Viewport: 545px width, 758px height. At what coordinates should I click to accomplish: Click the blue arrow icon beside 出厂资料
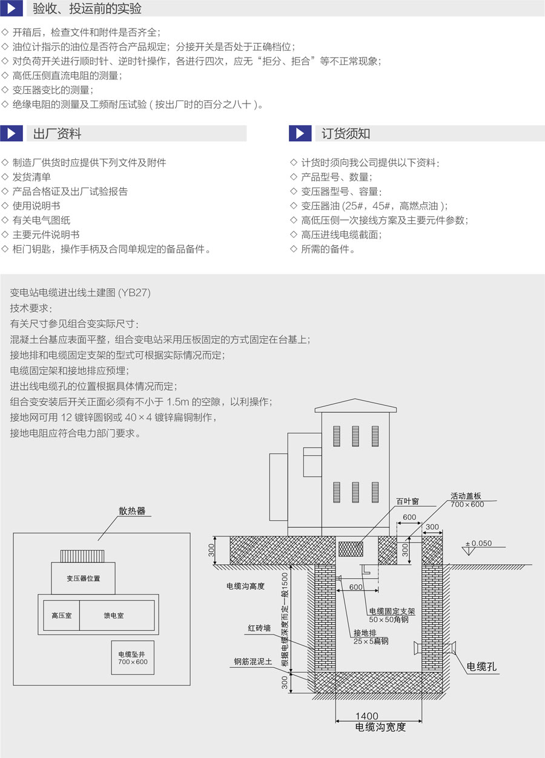(11, 133)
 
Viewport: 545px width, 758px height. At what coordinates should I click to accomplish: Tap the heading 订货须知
(346, 133)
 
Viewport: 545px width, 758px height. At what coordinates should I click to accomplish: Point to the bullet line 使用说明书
(36, 206)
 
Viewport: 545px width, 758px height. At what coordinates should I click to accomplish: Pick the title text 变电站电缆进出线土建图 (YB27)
(81, 292)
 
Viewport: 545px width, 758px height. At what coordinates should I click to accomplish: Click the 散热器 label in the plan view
(132, 511)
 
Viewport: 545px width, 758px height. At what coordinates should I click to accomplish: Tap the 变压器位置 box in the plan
(84, 578)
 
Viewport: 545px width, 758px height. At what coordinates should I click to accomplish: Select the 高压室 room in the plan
(61, 616)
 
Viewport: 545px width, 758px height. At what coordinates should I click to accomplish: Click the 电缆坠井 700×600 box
(133, 658)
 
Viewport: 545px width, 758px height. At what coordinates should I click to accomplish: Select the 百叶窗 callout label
(408, 501)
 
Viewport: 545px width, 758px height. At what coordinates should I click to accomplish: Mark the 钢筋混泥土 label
(254, 662)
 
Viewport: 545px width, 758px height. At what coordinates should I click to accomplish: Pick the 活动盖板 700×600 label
(467, 500)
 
